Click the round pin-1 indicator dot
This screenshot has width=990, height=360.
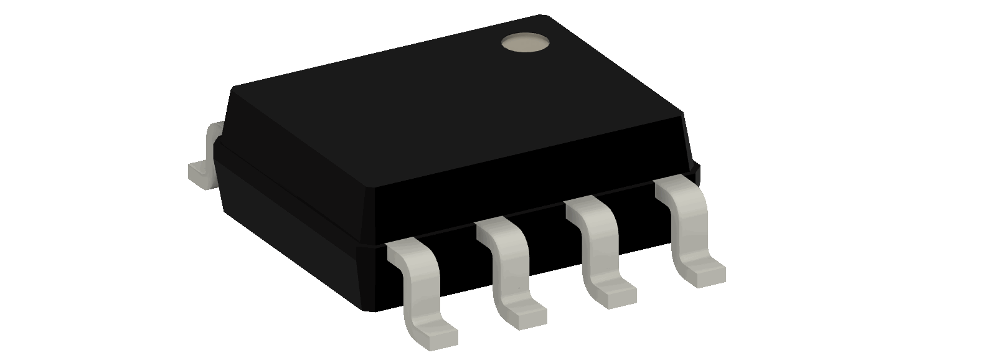[x=526, y=43]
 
